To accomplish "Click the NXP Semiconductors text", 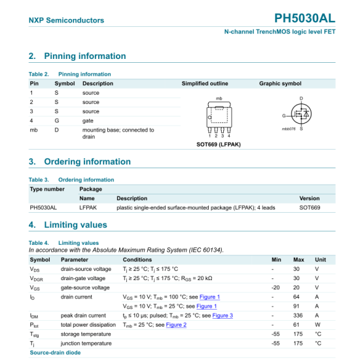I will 66,20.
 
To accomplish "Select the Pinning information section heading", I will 77,56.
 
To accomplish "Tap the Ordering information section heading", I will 80,162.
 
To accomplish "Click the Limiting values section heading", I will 68,225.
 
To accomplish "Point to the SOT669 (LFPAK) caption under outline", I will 219,144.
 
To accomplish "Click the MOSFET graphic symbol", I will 301,116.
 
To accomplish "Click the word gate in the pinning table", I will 88,121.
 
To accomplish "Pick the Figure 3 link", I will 223,315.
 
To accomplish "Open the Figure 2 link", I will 176,325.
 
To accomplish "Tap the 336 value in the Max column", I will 297,315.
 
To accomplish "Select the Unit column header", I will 321,260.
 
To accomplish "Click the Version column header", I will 310,198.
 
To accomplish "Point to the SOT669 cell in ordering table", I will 310,207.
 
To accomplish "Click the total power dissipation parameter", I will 88,325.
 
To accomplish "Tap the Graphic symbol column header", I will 280,84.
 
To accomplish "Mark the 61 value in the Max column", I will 297,325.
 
